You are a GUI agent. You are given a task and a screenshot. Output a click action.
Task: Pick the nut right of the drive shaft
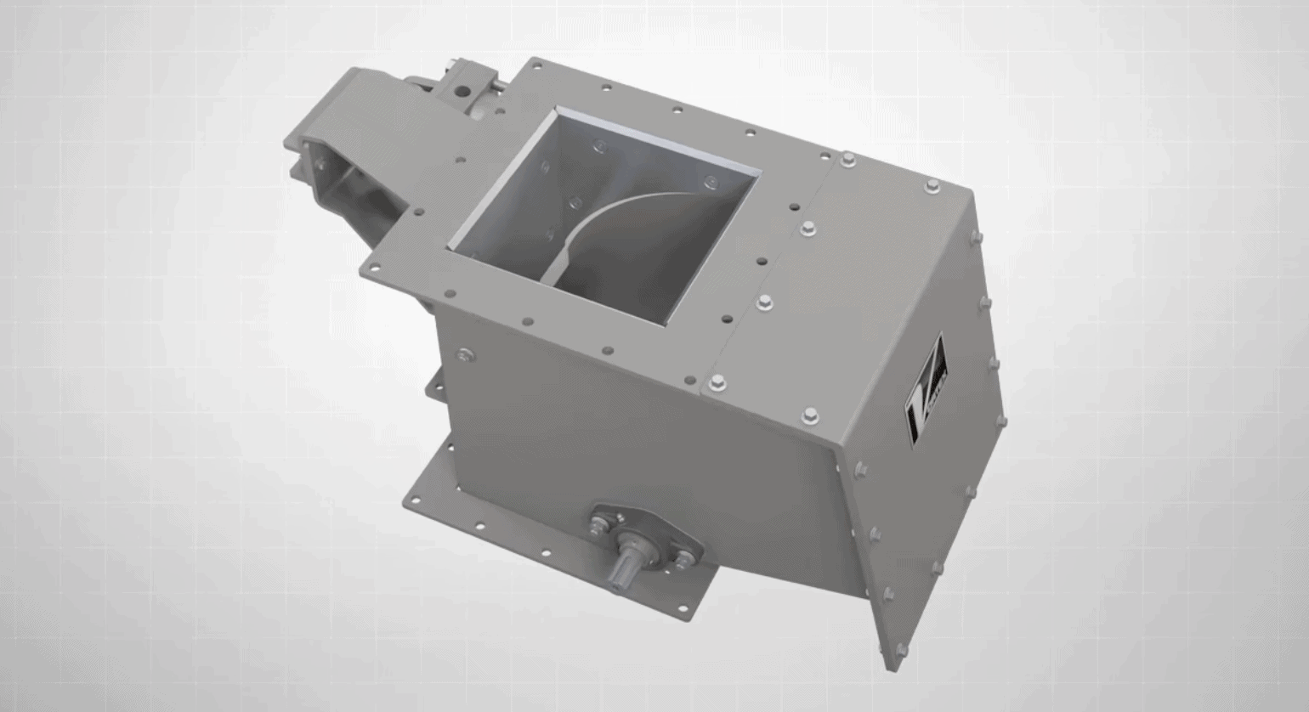pyautogui.click(x=681, y=557)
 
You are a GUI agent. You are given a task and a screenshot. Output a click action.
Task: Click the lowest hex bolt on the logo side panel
pyautogui.click(x=901, y=650)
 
